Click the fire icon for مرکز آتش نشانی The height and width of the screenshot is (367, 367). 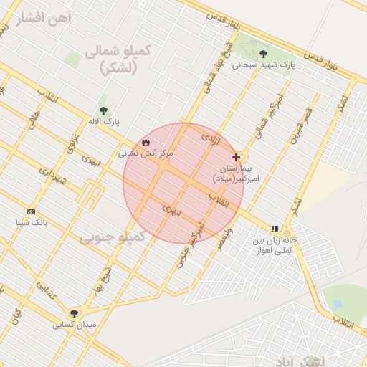click(x=146, y=142)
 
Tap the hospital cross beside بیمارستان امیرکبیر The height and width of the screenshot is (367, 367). click(x=236, y=156)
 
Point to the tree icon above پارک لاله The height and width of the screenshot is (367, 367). click(x=104, y=111)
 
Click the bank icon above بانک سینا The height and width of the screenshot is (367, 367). click(x=31, y=211)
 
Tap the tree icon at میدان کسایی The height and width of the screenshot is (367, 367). click(x=74, y=313)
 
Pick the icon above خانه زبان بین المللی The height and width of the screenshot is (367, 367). click(x=275, y=229)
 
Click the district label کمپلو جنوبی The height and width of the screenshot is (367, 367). click(x=112, y=236)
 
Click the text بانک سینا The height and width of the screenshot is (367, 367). click(x=31, y=223)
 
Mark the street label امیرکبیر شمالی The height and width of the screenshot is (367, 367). click(x=273, y=108)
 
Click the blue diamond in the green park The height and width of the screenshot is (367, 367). click(x=338, y=305)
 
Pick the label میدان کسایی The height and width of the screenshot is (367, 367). click(x=73, y=325)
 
